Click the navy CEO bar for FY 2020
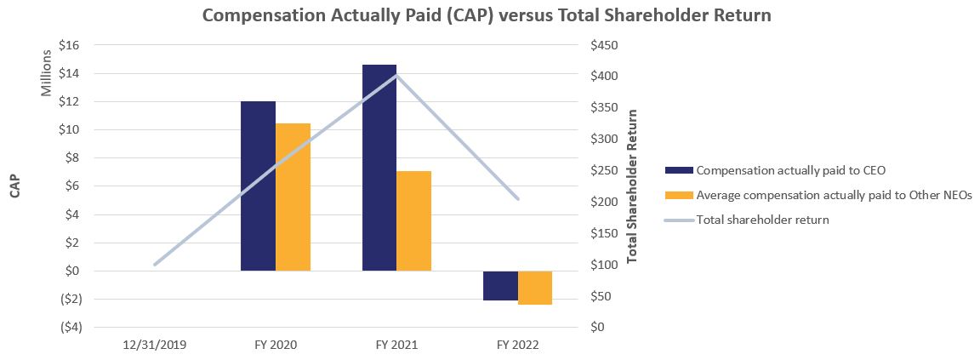pyautogui.click(x=259, y=186)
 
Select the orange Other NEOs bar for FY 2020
pyautogui.click(x=293, y=197)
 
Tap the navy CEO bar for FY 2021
pyautogui.click(x=379, y=168)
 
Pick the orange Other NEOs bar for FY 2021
pyautogui.click(x=414, y=220)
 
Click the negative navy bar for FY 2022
pyautogui.click(x=500, y=286)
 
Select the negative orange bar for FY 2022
pyautogui.click(x=535, y=288)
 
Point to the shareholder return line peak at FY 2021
pyautogui.click(x=396, y=75)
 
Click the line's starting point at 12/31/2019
pyautogui.click(x=154, y=265)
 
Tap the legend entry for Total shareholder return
pyautogui.click(x=762, y=220)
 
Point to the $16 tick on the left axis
pyautogui.click(x=69, y=46)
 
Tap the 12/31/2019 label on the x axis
pyautogui.click(x=154, y=346)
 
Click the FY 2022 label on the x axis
pyautogui.click(x=517, y=346)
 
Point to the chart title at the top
pyautogui.click(x=486, y=15)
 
